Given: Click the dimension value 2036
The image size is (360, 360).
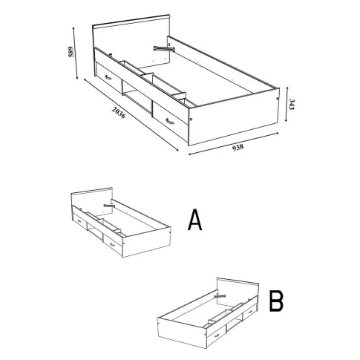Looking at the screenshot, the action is coord(119,112).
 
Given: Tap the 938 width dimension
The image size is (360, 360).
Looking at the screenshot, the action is coord(238,147).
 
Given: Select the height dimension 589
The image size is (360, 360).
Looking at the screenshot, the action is coord(71,52).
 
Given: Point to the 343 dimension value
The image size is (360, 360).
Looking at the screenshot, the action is coord(292,105).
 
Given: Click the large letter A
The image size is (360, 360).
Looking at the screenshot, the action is coord(195,220).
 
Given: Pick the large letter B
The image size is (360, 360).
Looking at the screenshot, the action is coord(276,301).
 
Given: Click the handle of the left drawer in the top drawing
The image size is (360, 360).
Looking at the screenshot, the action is coord(108,77).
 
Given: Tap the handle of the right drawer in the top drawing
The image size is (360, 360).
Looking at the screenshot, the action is coord(170,122).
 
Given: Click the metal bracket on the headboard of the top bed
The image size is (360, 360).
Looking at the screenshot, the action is coord(163,49).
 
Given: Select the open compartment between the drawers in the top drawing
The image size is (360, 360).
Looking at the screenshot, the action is coord(137,98).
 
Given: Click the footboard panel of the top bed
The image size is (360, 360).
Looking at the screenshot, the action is coord(234,117).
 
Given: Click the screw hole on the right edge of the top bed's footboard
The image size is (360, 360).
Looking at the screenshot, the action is coord(277,99).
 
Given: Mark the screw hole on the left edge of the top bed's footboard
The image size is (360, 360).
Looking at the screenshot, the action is coord(192,120).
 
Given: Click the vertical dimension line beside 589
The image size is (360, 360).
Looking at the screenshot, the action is coord(76,53).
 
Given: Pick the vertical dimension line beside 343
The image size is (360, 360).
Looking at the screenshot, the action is coord(287,104).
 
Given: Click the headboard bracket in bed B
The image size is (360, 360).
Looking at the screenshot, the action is coord(220,296).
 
